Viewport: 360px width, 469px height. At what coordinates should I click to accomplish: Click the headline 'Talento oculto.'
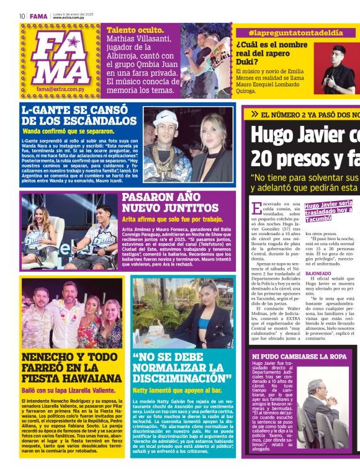(135, 30)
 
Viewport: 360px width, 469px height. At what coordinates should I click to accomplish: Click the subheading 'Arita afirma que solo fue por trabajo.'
(172, 219)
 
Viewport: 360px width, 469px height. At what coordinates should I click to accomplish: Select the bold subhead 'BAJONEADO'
(318, 273)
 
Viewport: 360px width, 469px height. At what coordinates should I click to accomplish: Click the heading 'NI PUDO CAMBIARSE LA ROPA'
(299, 356)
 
